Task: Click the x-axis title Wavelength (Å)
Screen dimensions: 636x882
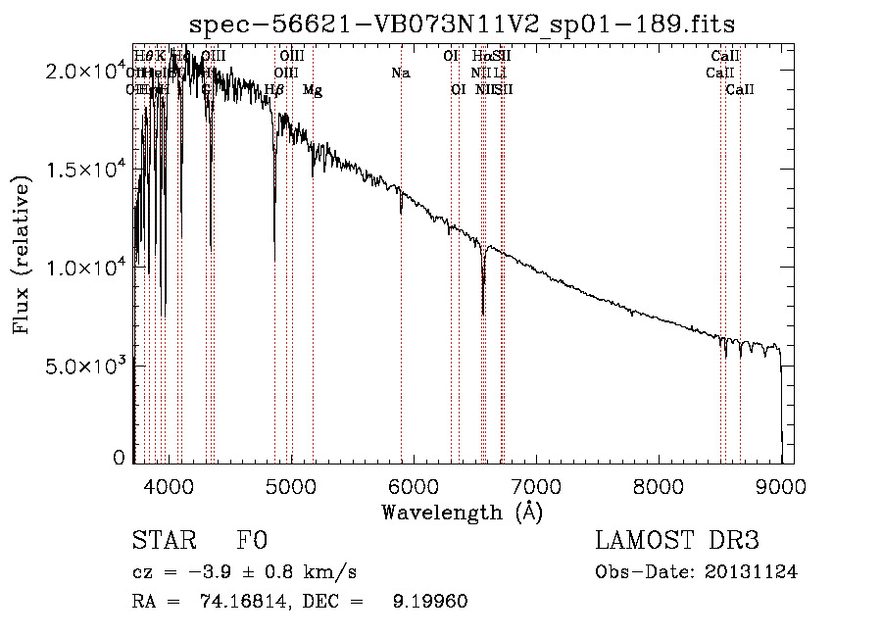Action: [x=462, y=512]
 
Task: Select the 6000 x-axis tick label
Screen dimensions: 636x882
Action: [x=414, y=486]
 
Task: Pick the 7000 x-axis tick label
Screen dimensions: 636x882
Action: [x=536, y=486]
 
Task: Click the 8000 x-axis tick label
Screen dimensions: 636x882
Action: [x=659, y=486]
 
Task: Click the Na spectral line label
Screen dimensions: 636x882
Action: [x=400, y=73]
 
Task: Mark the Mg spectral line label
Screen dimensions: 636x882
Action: [x=312, y=90]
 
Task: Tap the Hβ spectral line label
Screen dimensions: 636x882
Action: [x=275, y=90]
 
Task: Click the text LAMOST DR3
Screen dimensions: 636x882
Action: [x=676, y=541]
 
